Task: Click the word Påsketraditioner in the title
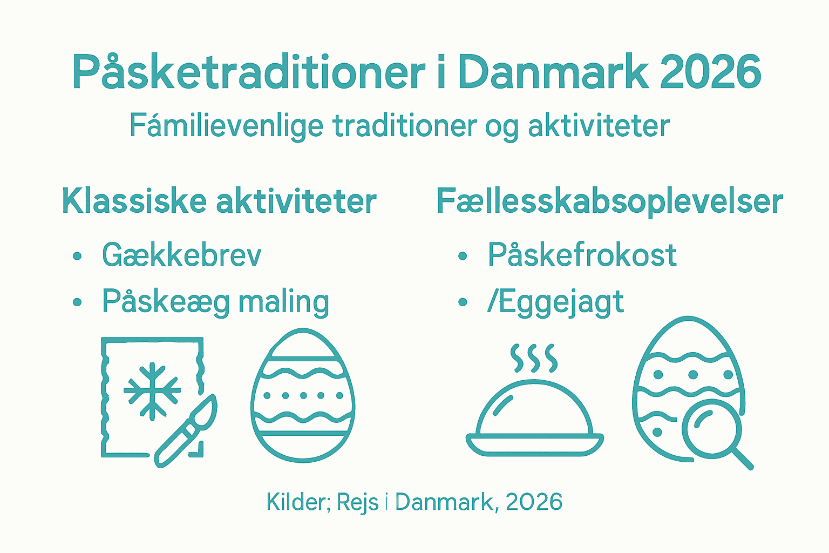pos(248,72)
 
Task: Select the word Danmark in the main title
pos(553,72)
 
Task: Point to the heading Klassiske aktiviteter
pos(219,201)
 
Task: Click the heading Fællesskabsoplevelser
pos(609,201)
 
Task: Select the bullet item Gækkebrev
pos(182,255)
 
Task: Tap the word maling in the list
pos(284,301)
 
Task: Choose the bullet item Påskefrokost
pos(582,255)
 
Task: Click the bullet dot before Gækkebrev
pos(77,256)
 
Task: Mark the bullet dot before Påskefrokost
pos(462,256)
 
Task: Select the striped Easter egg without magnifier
pos(303,395)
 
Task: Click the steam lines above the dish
pos(534,358)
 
